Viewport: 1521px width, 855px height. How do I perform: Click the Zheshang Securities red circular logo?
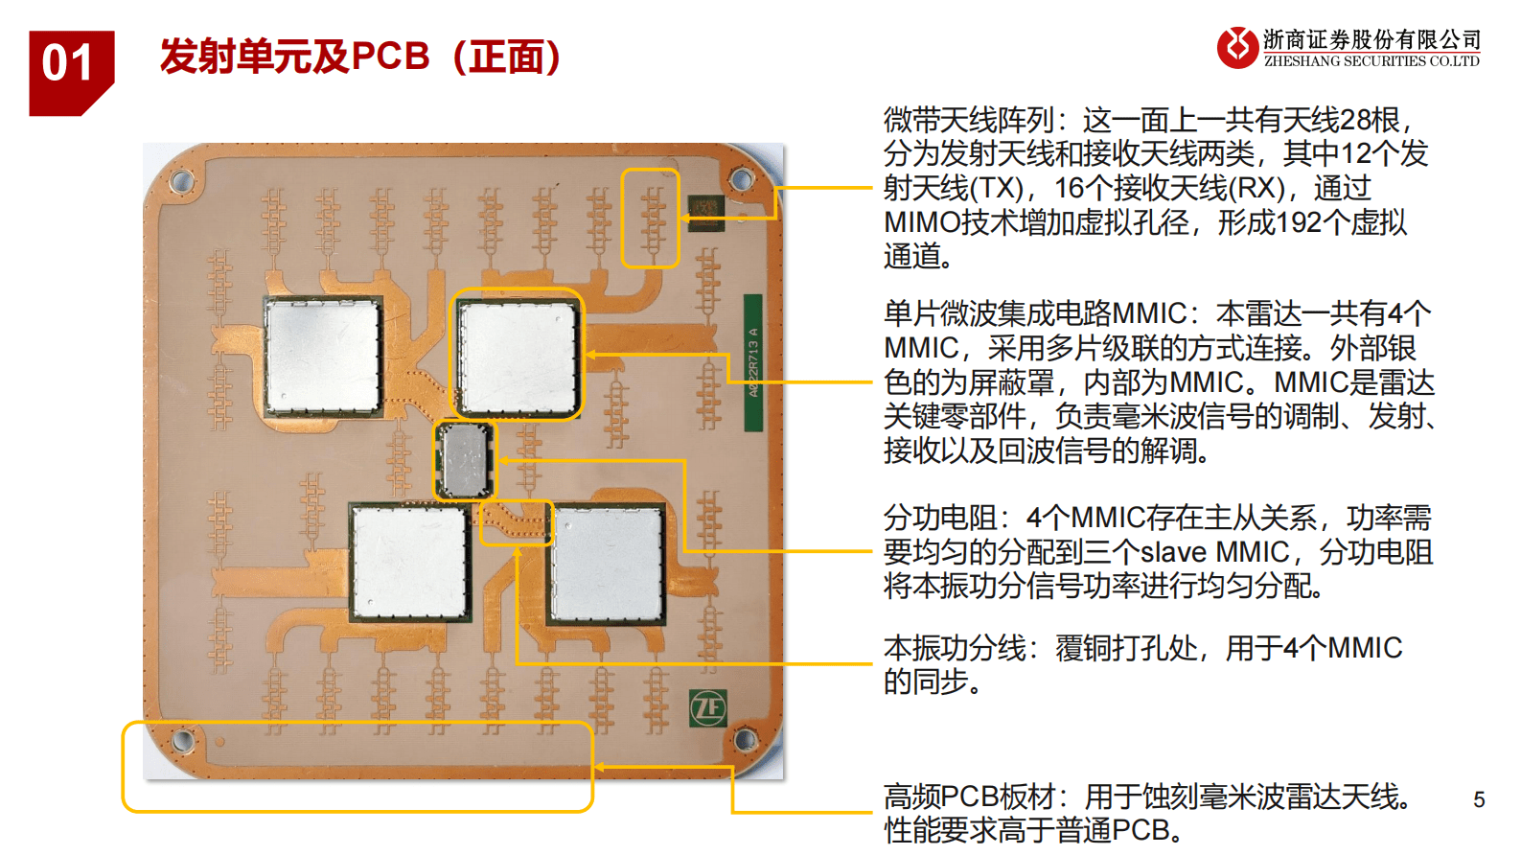click(x=1237, y=47)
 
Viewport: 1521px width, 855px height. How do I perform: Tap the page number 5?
click(x=1479, y=799)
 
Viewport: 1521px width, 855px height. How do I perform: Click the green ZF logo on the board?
click(x=708, y=708)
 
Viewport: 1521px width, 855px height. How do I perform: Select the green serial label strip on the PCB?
click(x=753, y=363)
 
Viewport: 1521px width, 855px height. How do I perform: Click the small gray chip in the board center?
click(x=465, y=460)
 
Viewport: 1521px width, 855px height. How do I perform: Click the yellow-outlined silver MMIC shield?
click(x=518, y=355)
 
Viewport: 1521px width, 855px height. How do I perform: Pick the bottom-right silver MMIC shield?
click(x=607, y=564)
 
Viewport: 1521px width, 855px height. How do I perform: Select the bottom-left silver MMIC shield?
click(x=409, y=563)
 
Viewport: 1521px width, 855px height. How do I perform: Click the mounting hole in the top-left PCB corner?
click(x=181, y=180)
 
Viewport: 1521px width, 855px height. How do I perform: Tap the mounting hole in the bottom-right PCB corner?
click(x=744, y=739)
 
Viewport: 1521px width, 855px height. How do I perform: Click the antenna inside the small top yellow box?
click(x=652, y=219)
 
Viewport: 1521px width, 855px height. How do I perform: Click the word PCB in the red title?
click(x=390, y=57)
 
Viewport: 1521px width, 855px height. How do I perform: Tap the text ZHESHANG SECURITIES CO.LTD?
click(x=1371, y=61)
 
